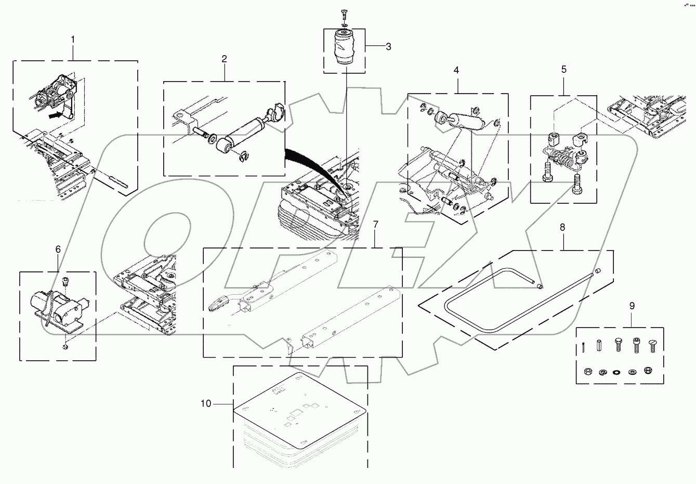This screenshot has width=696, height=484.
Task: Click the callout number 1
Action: point(73,40)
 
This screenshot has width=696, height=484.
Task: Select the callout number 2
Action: point(224,59)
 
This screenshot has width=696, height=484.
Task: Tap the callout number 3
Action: point(388,47)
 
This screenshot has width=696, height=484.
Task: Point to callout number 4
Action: point(456,70)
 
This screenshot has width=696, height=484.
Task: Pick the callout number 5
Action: point(564,69)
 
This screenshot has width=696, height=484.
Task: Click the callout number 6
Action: point(58,250)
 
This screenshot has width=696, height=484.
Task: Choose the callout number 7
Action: point(375,225)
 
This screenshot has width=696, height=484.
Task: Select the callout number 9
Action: point(632,306)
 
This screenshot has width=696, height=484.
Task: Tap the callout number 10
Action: point(206,403)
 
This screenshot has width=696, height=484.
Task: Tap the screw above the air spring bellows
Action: point(343,12)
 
